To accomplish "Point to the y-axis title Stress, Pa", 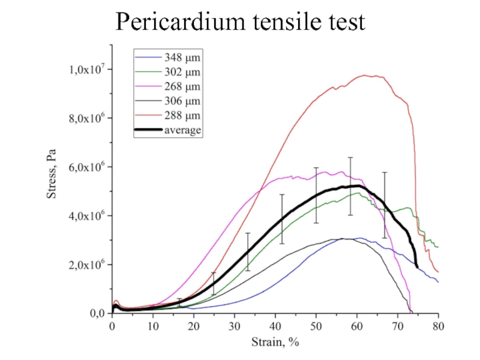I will [x=52, y=179].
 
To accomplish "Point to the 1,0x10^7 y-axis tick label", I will [x=86, y=69].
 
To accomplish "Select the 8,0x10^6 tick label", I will [x=86, y=118].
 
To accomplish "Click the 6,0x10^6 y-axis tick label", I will [x=86, y=167].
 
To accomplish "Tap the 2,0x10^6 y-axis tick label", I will [x=86, y=265].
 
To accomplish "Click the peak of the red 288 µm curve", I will [x=365, y=75].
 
